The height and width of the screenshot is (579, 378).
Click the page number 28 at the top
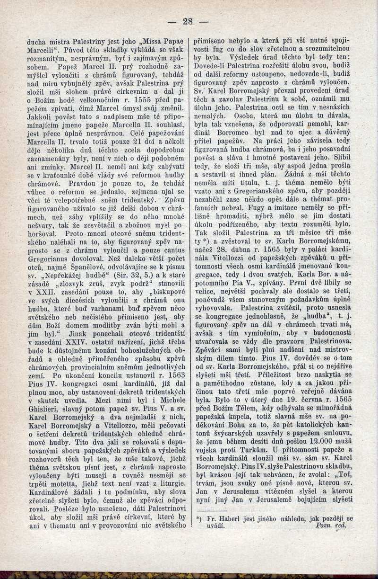[188, 21]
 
